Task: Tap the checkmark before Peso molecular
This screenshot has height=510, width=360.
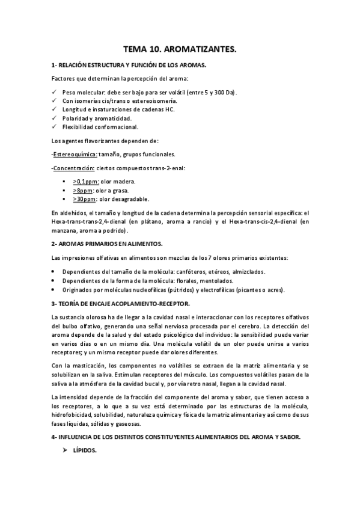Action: point(54,92)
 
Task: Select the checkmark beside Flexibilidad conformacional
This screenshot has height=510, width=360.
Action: point(54,127)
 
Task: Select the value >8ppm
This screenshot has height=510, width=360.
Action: point(82,190)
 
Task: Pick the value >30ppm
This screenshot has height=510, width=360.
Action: point(84,199)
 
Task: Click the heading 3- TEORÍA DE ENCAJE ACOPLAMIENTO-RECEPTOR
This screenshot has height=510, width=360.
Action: point(120,303)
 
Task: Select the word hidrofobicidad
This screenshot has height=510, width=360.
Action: point(74,414)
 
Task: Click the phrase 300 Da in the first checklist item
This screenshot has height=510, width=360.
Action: point(225,92)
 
